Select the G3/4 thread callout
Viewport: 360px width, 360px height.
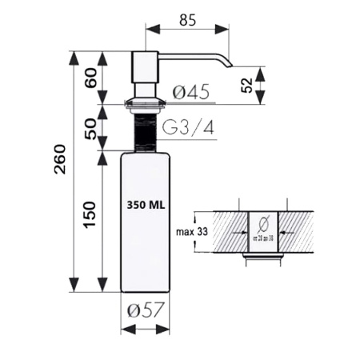pos(189,127)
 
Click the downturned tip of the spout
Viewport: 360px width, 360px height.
pos(226,62)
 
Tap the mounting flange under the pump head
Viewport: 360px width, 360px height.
pos(145,102)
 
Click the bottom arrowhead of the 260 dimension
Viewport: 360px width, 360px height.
pos(75,286)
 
